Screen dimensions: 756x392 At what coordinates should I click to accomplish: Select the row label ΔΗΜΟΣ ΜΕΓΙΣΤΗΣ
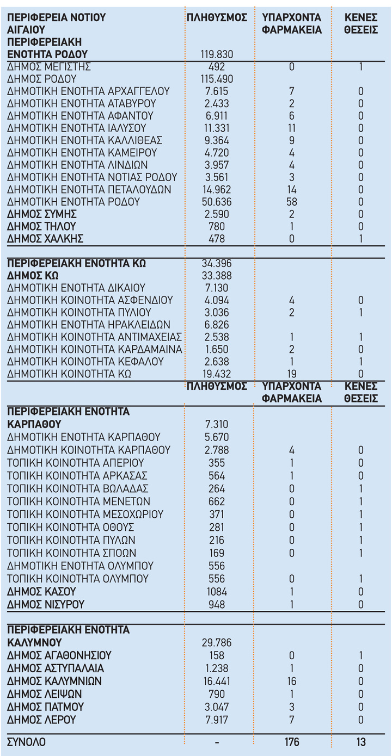[x=49, y=67]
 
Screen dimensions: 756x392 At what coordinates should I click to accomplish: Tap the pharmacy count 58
[x=292, y=202]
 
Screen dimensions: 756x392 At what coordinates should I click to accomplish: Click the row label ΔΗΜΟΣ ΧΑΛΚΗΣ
[x=45, y=239]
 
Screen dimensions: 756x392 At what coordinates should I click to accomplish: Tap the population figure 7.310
[x=217, y=424]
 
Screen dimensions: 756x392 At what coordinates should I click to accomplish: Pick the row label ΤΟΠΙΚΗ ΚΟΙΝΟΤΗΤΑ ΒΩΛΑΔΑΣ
[x=78, y=488]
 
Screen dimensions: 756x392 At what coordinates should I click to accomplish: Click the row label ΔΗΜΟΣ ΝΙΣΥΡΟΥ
[x=46, y=605]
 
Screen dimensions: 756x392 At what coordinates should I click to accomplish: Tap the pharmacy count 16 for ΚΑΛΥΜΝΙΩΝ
[x=292, y=681]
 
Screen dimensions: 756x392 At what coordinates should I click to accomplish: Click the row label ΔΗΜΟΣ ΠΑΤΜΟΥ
[x=46, y=707]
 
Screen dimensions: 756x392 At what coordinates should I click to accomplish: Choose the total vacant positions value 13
[x=360, y=742]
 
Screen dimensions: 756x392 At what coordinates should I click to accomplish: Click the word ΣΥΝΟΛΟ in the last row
[x=27, y=742]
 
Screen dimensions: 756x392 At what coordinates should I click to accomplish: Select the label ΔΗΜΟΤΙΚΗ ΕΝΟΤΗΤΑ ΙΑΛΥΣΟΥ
[x=77, y=128]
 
